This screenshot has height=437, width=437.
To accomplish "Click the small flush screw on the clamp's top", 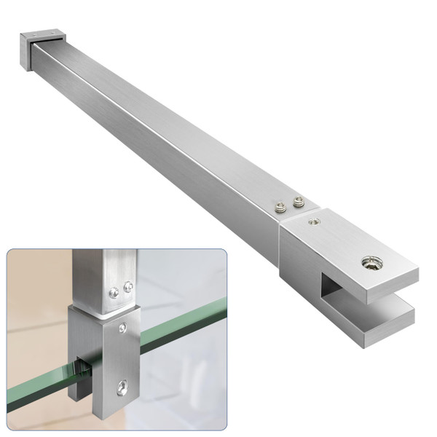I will tap(313, 222).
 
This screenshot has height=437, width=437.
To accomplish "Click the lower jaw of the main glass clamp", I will tap(371, 314).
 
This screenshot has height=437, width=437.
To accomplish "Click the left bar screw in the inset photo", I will tap(113, 293).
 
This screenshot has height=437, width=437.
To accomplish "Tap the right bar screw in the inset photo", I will tap(128, 286).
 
